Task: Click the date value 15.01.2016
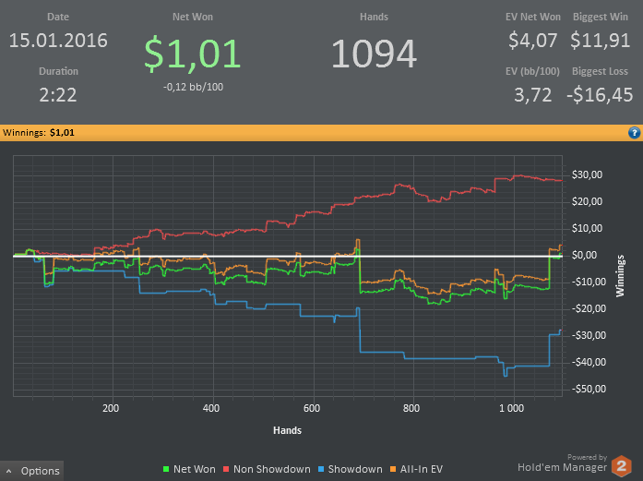click(x=58, y=41)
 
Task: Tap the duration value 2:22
click(x=58, y=94)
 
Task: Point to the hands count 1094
click(x=374, y=54)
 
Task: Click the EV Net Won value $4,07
click(x=533, y=41)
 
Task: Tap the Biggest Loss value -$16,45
click(x=600, y=94)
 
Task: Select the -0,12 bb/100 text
click(x=193, y=87)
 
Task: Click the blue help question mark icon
click(x=634, y=133)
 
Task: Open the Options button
click(x=33, y=471)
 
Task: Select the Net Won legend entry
click(x=189, y=469)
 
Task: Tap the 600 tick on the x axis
click(x=311, y=407)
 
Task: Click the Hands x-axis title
click(x=287, y=430)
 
